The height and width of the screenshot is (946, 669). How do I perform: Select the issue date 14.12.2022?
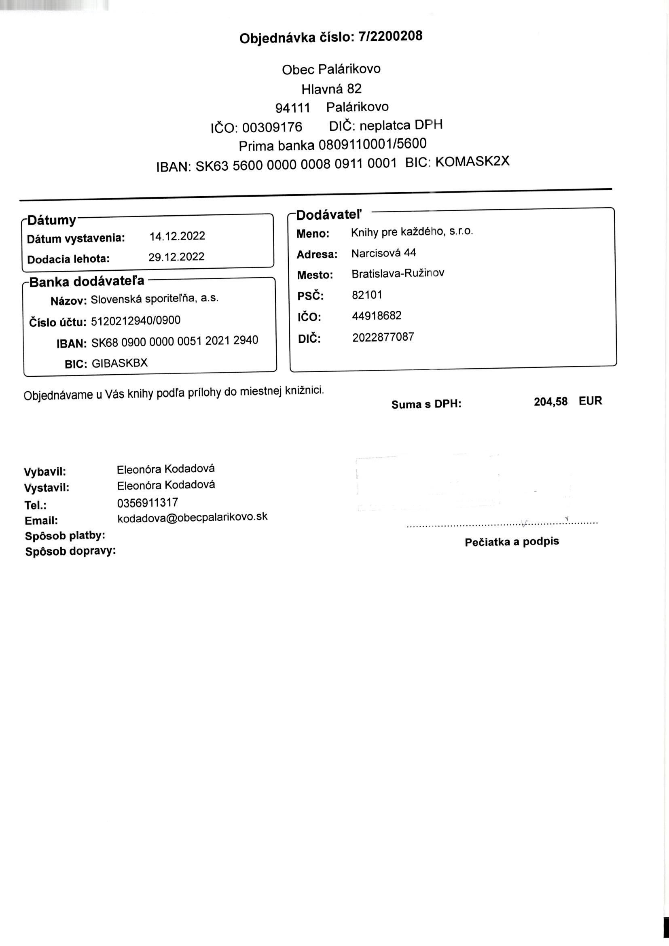177,236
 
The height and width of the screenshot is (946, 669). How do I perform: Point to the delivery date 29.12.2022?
176,257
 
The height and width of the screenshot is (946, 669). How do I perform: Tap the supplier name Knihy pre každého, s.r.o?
411,232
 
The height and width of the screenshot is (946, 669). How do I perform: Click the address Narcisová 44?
383,253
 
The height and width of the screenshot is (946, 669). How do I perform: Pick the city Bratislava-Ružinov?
398,274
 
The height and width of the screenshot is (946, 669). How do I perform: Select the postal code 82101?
366,295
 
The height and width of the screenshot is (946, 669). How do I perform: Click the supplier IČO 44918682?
377,316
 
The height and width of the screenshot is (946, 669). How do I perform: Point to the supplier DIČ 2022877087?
383,337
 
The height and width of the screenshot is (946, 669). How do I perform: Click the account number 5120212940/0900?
135,320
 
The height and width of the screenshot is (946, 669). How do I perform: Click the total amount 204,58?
550,402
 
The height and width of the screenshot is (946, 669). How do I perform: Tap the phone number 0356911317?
148,503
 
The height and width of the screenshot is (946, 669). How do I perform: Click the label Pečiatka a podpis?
512,542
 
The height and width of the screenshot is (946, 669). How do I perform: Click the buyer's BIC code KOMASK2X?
472,161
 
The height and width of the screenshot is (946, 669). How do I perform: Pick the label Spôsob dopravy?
70,551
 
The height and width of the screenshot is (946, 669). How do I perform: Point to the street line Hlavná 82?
331,89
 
